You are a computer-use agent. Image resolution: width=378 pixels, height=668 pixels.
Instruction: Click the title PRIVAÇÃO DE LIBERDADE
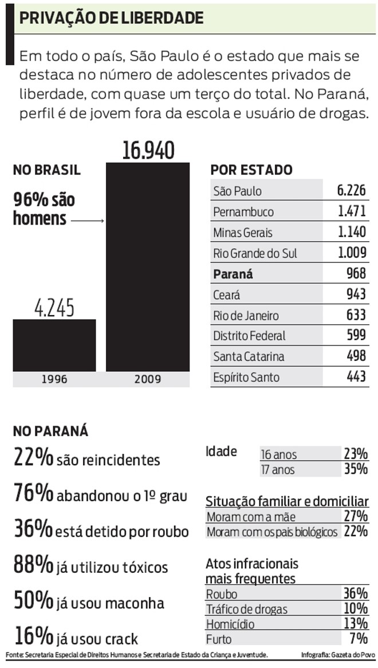point(112,18)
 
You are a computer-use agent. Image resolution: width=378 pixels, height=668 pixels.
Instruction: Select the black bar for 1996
point(54,345)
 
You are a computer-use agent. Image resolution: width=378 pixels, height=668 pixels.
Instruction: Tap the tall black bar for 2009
point(148,266)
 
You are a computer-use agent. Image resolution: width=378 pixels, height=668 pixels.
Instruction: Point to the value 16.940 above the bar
point(148,150)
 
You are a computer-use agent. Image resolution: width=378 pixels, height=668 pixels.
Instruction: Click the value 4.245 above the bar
point(54,308)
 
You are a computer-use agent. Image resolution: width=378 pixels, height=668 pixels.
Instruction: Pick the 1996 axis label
point(54,379)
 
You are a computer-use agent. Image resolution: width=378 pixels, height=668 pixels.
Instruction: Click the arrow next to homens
point(87,220)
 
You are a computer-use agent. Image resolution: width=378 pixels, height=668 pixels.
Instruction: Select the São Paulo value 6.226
point(352,191)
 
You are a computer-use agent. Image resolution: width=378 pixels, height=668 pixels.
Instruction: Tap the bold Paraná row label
point(233,274)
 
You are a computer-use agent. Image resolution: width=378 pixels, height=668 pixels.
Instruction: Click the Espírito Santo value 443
point(356,377)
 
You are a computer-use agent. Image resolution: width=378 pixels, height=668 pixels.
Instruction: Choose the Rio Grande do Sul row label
point(255,253)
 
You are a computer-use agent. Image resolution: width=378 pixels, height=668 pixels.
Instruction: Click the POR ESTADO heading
point(251,170)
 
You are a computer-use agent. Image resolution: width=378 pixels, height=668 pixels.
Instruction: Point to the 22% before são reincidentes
point(33,458)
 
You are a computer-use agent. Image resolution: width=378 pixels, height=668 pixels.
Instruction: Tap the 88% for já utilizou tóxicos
point(33,565)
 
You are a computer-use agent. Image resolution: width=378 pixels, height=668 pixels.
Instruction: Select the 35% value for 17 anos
point(355,469)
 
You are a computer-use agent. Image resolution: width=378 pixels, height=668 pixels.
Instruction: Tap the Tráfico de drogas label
point(246,609)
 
